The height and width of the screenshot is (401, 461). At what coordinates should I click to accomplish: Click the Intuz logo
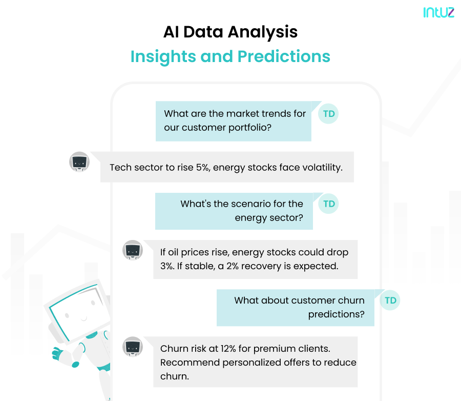click(x=438, y=12)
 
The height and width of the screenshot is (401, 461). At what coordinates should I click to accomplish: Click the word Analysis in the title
click(x=263, y=32)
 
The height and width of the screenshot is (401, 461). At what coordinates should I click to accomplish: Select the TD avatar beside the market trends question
click(x=329, y=113)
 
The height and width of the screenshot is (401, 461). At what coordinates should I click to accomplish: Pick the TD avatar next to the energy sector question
click(x=329, y=204)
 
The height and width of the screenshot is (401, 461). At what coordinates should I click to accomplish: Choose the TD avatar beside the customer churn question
click(x=390, y=300)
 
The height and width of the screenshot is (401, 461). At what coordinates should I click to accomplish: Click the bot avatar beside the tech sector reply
click(x=79, y=162)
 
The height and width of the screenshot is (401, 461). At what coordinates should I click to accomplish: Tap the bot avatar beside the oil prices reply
click(x=133, y=250)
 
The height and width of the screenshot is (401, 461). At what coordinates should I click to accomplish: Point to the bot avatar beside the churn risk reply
click(x=133, y=347)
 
